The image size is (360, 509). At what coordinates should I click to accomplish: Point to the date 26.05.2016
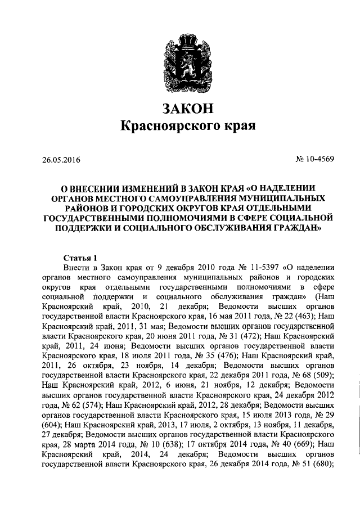(x=61, y=159)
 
